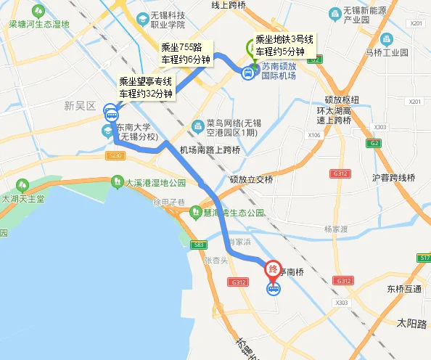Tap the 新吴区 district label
coord(80,106)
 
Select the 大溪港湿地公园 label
coord(156,182)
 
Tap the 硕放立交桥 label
coord(251,179)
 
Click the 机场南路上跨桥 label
coord(210,150)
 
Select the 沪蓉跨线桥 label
coord(393,177)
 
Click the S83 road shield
coord(200,245)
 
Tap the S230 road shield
coord(115,155)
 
